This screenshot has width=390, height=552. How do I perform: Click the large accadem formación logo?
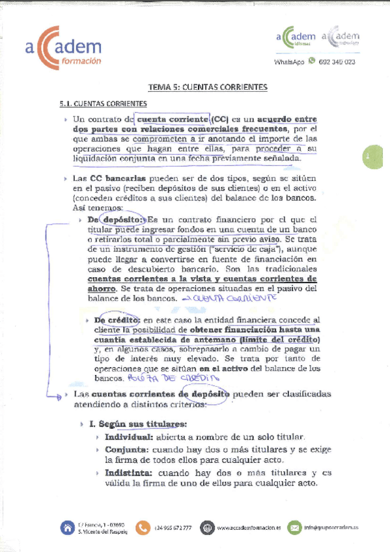(x=63, y=48)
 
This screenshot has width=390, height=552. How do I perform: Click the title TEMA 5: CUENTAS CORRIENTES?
(x=199, y=87)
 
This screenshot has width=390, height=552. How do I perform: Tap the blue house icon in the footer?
(x=67, y=527)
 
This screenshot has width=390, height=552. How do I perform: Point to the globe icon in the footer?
(x=206, y=527)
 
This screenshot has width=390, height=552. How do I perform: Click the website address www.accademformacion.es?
(x=249, y=528)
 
